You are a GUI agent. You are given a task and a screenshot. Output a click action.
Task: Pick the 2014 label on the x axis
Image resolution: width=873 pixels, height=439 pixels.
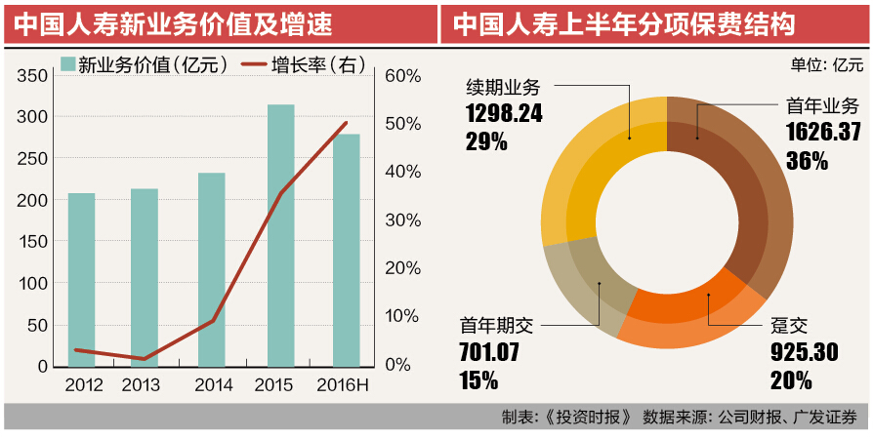pos(214,385)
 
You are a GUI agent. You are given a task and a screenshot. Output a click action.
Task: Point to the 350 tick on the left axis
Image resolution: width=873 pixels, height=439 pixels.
pos(32,76)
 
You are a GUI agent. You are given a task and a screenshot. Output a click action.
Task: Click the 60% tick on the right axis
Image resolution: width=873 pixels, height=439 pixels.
pos(403,76)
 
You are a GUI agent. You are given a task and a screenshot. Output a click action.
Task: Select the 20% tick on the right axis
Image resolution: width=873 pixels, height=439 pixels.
pos(403,268)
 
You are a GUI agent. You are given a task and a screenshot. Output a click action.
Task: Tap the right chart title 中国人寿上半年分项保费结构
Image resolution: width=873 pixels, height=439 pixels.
pos(624,22)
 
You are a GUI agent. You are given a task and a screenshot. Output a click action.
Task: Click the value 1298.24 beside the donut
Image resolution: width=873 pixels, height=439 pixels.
pos(504,113)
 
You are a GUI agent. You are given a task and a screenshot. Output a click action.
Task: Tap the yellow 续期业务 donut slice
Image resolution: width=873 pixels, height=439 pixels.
pos(586,176)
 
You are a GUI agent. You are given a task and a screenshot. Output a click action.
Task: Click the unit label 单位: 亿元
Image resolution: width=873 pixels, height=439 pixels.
pos(826,64)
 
